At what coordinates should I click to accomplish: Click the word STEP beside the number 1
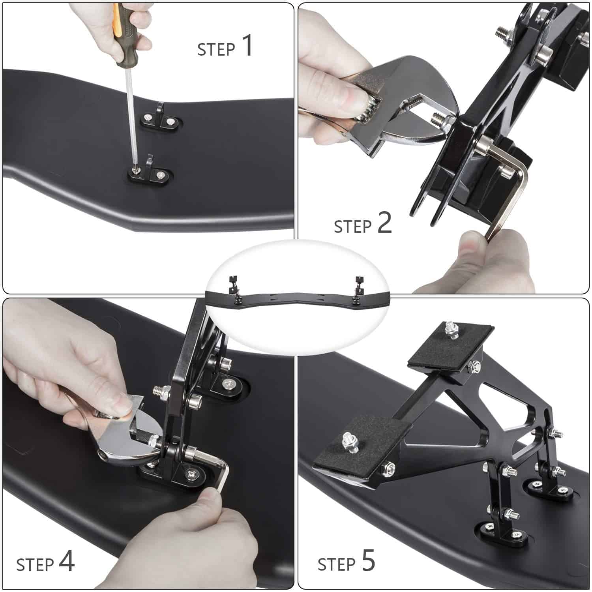[216, 50]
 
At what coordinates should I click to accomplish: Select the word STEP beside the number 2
[353, 227]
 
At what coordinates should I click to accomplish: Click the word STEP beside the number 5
[337, 564]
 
